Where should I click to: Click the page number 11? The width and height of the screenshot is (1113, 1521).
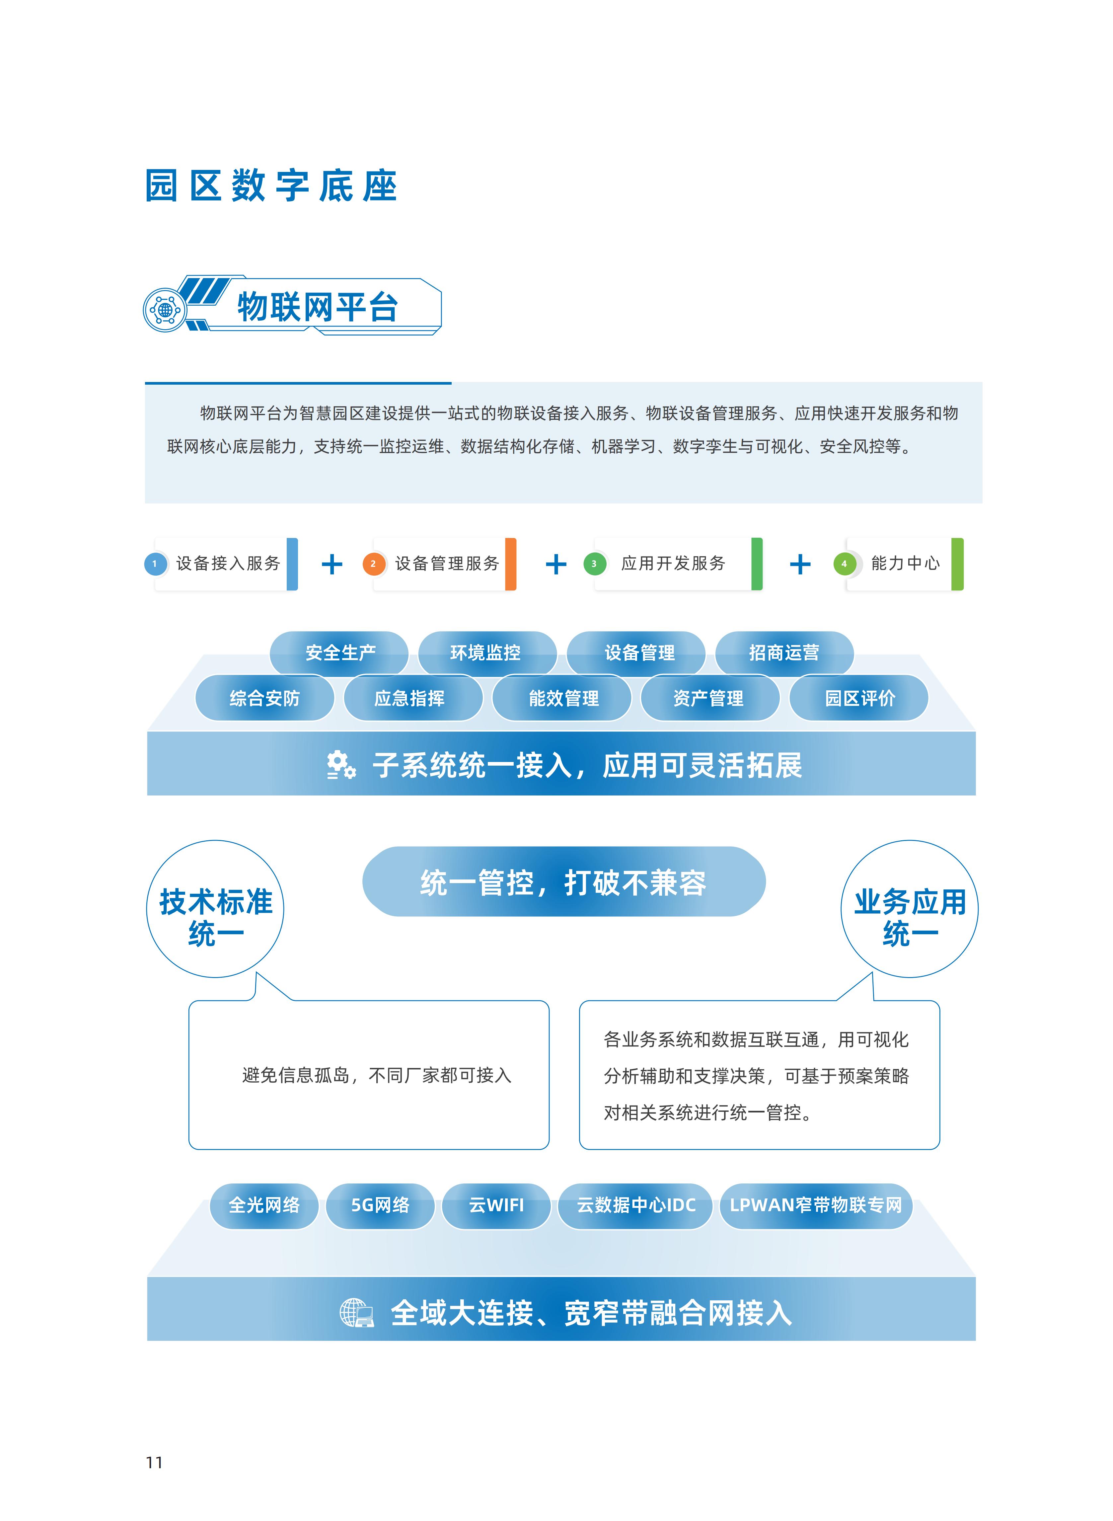click(x=154, y=1462)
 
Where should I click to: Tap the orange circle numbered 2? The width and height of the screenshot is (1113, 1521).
click(x=373, y=564)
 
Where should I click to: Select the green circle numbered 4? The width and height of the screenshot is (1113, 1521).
click(x=844, y=564)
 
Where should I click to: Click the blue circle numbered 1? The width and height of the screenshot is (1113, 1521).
click(x=155, y=564)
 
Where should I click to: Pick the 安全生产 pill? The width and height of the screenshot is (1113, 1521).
click(x=339, y=653)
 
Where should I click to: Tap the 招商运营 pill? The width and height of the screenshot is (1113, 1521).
click(x=784, y=653)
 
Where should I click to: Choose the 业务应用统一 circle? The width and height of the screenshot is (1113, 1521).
click(x=910, y=909)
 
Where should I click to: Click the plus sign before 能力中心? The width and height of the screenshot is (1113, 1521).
click(x=800, y=565)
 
